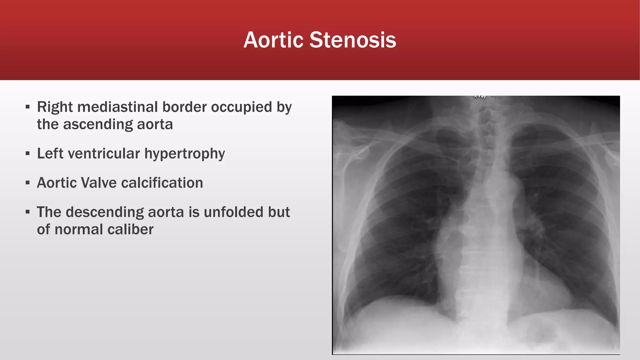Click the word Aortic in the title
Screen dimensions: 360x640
(273, 40)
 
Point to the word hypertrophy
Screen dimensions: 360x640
(184, 154)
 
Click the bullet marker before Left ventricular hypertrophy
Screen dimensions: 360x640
(28, 153)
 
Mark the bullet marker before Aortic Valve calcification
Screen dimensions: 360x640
(28, 183)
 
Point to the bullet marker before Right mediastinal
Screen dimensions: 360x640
(28, 107)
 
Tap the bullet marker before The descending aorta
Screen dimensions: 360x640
(28, 212)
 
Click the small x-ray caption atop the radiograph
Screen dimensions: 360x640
(480, 97)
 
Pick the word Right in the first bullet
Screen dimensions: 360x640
(55, 107)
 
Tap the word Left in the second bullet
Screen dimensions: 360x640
(50, 154)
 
